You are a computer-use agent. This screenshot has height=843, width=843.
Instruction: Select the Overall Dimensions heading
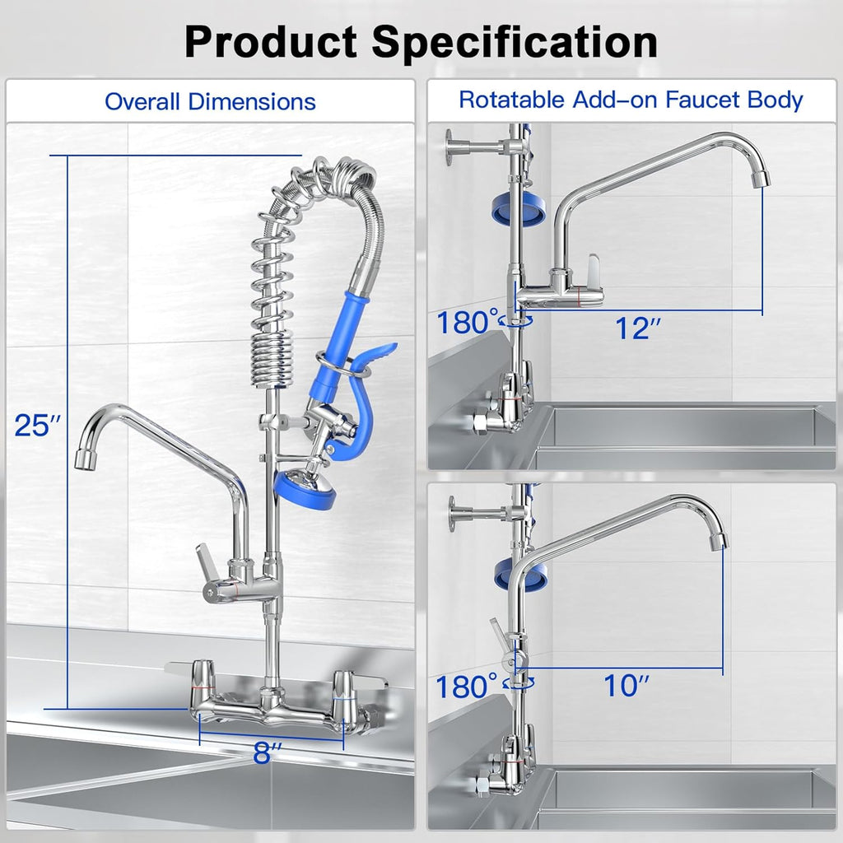point(210,102)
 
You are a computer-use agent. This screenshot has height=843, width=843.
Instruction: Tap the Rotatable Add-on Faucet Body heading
point(631,100)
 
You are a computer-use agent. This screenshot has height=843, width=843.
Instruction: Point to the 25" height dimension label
point(38,425)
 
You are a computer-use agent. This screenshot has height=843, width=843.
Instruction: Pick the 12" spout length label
point(639,328)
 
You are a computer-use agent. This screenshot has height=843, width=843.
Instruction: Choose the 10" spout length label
point(627,685)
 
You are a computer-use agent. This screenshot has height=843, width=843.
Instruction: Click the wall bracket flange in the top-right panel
point(451,147)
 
